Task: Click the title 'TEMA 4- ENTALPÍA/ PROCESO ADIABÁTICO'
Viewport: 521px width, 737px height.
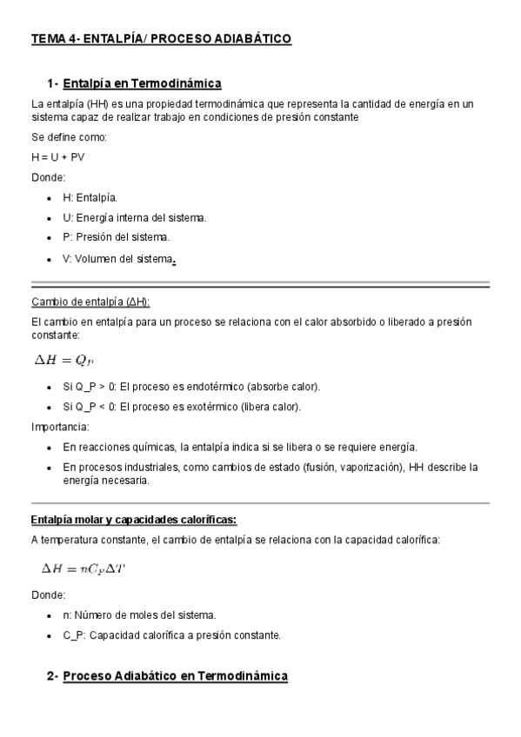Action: point(161,39)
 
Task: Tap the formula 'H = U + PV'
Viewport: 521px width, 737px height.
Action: point(58,157)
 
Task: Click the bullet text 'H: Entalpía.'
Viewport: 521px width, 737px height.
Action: point(96,198)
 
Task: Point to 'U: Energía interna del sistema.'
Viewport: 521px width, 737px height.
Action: point(134,217)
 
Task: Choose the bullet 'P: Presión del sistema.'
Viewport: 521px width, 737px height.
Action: point(117,236)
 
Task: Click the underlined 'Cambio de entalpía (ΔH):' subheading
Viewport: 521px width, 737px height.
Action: point(90,302)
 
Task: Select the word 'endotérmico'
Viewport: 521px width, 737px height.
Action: point(217,386)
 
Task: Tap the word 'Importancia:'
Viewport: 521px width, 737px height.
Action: point(60,427)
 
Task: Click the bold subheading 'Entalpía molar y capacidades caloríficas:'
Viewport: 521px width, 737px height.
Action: point(133,520)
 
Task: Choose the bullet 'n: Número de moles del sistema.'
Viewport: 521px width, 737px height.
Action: point(139,615)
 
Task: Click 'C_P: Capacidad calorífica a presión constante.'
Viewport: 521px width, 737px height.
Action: point(171,635)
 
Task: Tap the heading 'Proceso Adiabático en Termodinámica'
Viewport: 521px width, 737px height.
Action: point(175,675)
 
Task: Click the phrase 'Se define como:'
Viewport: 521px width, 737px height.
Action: point(69,137)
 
